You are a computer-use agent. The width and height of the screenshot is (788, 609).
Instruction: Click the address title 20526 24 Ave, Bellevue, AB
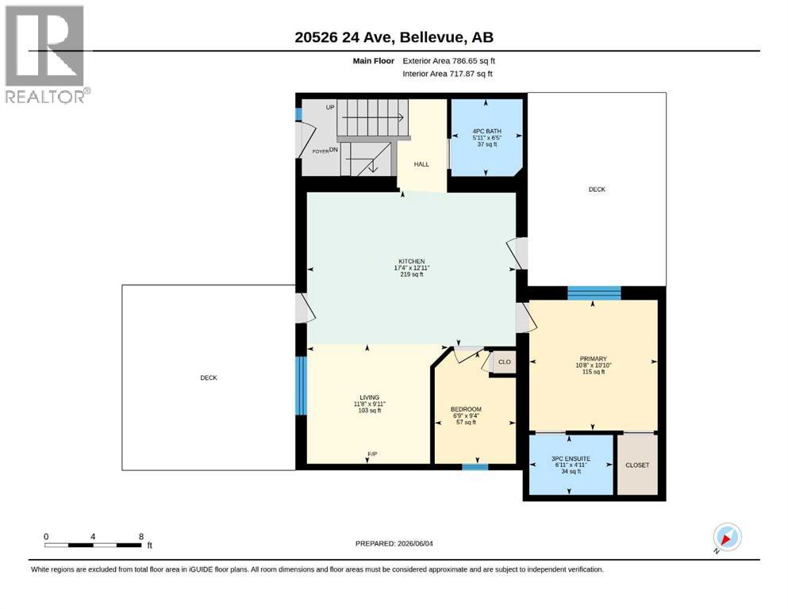(394, 37)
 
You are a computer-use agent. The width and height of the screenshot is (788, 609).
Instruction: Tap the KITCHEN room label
(412, 262)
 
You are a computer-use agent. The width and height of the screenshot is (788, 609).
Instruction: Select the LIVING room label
(369, 397)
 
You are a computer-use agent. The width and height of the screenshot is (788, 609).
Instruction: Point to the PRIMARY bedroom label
(593, 359)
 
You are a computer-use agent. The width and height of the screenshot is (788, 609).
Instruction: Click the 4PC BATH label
(486, 132)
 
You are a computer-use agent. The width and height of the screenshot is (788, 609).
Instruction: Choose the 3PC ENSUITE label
(571, 459)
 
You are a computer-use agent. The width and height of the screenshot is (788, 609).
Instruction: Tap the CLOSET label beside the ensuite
(637, 465)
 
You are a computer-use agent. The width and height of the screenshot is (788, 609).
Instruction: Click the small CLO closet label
(504, 362)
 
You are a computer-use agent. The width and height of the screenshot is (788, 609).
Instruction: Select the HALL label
(421, 164)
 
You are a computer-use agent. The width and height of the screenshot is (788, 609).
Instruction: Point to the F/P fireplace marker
(372, 454)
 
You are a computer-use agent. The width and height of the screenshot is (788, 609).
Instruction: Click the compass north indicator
(727, 537)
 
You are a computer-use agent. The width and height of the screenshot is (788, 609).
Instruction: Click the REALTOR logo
(45, 54)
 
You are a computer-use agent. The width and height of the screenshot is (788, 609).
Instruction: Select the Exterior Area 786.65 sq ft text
(449, 61)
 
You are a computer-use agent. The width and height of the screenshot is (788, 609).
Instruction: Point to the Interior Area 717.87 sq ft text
(448, 74)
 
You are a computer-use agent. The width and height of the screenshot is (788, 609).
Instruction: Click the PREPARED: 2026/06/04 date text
(394, 544)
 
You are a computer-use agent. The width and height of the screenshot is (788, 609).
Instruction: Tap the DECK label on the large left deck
(209, 378)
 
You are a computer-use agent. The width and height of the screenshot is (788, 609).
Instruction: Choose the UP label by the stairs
(330, 107)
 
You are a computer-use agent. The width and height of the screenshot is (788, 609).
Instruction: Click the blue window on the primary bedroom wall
(594, 293)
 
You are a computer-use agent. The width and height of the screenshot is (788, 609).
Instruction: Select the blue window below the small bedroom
(475, 467)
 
